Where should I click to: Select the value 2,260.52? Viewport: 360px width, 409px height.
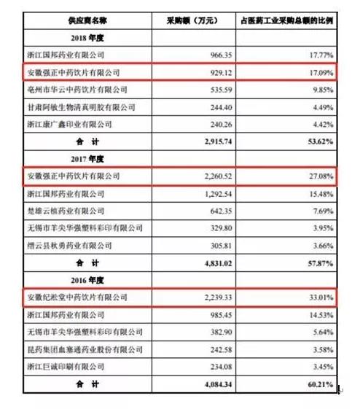195,176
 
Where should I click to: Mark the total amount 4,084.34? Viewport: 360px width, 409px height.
195,383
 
